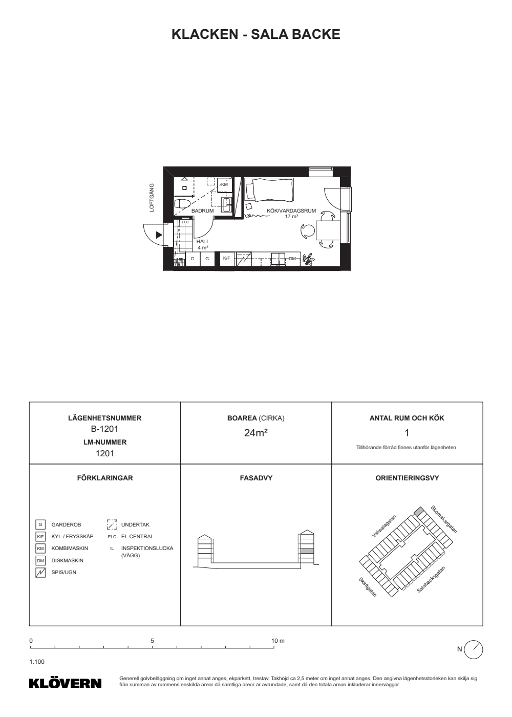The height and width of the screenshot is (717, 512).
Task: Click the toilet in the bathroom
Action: (x=182, y=204)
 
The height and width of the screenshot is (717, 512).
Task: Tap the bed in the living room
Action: (x=269, y=190)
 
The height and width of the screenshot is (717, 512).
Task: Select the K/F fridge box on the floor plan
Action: (x=226, y=259)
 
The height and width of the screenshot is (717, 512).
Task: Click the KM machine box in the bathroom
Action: (x=225, y=185)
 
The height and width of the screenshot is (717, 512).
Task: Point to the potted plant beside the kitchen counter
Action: (x=309, y=259)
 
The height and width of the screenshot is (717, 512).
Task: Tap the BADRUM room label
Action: (x=203, y=211)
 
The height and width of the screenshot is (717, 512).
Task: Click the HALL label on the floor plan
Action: (x=203, y=242)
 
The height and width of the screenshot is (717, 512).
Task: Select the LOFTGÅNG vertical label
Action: (x=152, y=198)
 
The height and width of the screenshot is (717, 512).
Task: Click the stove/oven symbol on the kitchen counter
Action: (x=244, y=259)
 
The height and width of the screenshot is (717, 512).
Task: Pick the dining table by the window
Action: (x=328, y=230)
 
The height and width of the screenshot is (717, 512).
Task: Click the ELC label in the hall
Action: (x=185, y=222)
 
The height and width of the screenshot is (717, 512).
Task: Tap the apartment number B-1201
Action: (x=104, y=429)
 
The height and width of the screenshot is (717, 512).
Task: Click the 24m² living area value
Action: (x=255, y=433)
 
